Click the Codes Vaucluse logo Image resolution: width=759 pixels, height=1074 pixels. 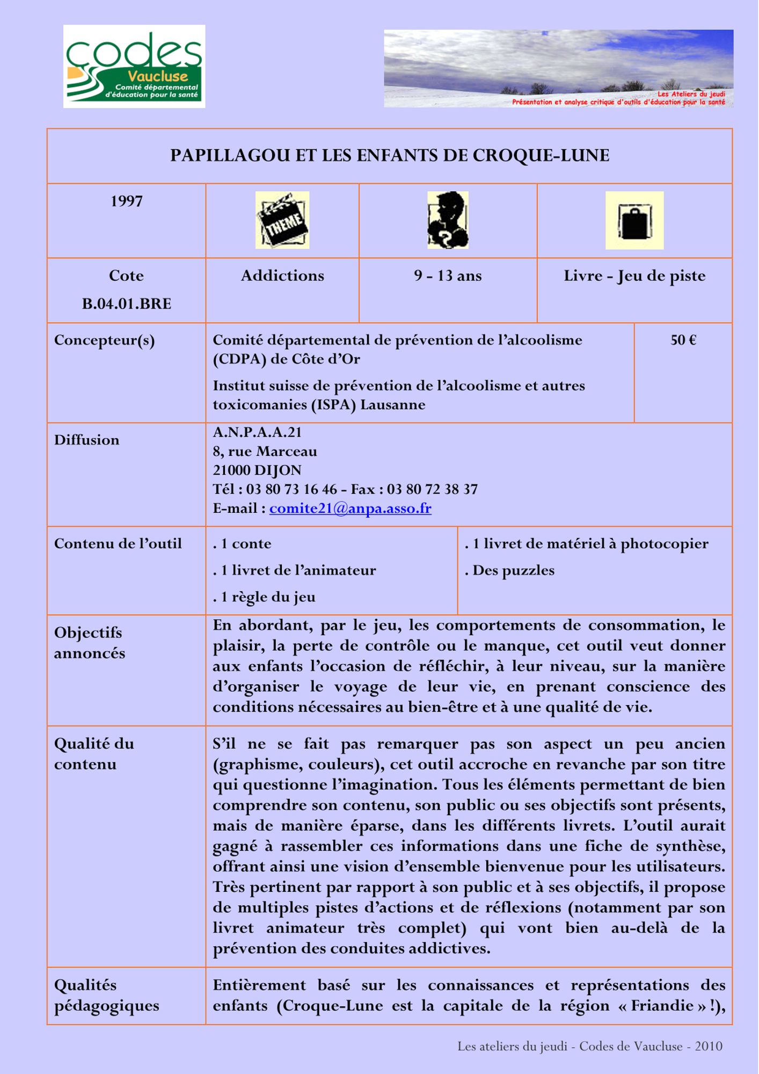pos(134,66)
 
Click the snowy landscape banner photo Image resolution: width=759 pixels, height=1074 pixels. pos(558,68)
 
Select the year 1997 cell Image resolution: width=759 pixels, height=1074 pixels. pos(126,201)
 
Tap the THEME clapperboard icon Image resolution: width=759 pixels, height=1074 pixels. pos(282,220)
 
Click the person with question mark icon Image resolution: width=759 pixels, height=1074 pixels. pos(448,220)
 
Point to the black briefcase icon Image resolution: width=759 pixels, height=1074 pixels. pos(634,221)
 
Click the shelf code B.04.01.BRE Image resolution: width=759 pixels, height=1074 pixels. pos(126,304)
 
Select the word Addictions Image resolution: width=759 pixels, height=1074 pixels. pos(282,276)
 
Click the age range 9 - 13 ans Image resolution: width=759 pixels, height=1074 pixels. pos(448,276)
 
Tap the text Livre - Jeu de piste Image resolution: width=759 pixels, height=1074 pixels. pos(634,276)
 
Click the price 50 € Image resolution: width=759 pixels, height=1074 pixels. pos(683,340)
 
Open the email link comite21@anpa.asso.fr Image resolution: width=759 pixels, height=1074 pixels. pos(350,509)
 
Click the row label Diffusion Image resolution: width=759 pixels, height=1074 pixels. pos(86,440)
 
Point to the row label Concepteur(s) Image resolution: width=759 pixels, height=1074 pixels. pos(104,340)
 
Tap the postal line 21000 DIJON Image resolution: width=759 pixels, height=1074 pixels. pos(257,470)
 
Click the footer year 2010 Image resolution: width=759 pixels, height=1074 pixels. pos(709,1046)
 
